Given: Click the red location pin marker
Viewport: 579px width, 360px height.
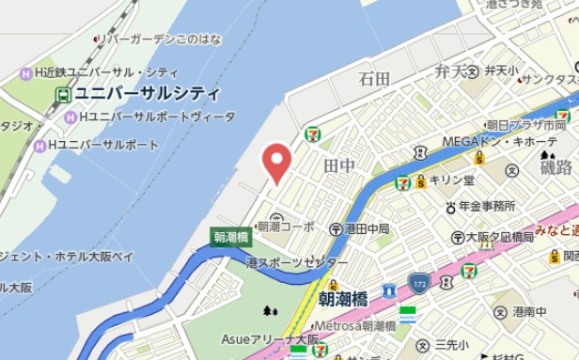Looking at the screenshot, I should coord(275,162).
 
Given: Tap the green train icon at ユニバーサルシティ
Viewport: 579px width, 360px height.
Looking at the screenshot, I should coord(63,95).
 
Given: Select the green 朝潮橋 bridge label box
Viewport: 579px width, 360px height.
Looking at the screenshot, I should coord(230,238).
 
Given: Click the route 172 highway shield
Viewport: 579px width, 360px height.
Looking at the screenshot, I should coord(419,282).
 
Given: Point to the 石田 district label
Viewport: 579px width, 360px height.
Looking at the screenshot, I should coord(374,79).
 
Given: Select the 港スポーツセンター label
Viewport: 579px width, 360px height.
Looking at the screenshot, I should coord(296,262).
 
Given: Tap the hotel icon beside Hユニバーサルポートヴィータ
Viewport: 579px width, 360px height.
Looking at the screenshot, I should coord(71,117).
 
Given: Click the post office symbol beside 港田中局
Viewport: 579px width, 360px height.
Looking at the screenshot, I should coord(336,228).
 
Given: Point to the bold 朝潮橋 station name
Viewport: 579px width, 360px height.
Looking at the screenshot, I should coord(343,299).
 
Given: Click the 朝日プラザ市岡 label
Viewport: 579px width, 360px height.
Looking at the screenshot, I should coord(526,124).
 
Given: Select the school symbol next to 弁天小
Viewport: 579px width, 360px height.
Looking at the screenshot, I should coord(475,71).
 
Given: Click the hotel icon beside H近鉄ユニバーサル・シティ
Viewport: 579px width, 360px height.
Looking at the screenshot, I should coord(27,73).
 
